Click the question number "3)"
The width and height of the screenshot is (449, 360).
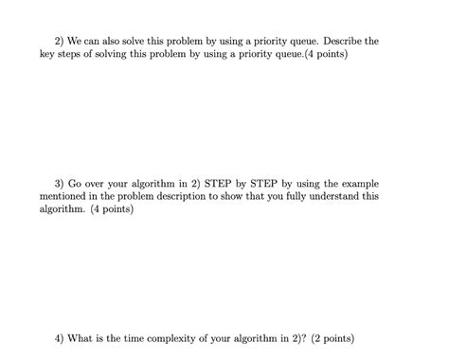point(62,183)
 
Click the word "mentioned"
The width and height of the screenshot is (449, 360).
point(67,196)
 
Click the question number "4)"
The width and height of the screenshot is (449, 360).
point(62,337)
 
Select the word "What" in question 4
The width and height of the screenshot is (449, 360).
point(86,337)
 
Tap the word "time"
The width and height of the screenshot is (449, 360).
point(146,337)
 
